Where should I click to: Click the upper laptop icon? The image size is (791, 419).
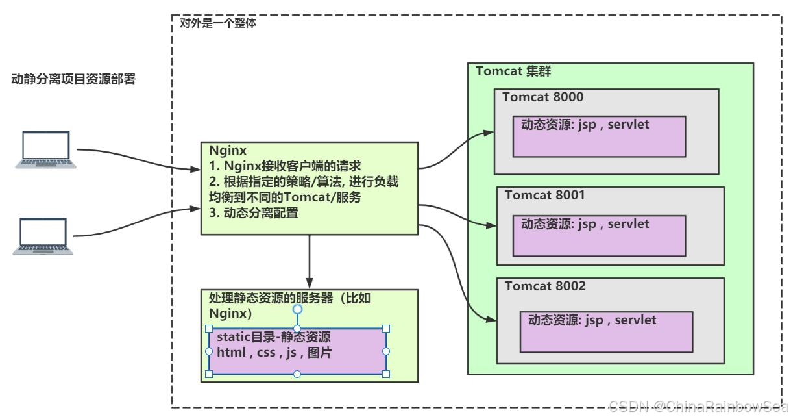coord(45,150)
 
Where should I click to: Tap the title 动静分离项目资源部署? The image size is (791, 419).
coord(74,80)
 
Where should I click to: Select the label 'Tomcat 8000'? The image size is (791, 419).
coord(542,97)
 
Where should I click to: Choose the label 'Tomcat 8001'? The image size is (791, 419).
coord(545,195)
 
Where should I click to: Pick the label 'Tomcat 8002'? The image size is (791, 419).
coord(545,286)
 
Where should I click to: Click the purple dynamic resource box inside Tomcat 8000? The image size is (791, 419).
coord(599,136)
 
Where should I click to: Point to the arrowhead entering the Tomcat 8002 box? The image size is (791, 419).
coord(494,320)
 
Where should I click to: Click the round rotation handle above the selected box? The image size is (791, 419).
coord(297,309)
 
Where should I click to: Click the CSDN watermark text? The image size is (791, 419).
coord(698,406)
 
